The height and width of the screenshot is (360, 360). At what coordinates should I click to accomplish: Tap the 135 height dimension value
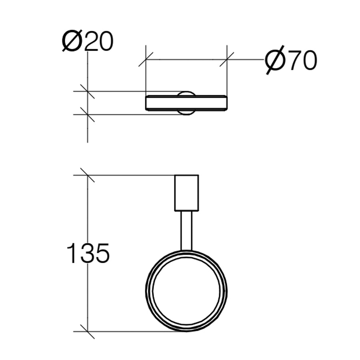tap(88, 254)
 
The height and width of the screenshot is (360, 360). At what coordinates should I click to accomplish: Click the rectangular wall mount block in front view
tap(186, 193)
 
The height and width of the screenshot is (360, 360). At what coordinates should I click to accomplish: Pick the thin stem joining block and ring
tap(186, 231)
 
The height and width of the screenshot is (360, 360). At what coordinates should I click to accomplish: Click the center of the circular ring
tap(186, 291)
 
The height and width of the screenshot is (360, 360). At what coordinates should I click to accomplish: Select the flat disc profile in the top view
tap(186, 103)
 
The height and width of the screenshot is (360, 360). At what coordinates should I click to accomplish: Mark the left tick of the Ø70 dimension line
tap(146, 59)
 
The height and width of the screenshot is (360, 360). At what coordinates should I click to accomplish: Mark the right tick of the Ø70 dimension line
tap(227, 59)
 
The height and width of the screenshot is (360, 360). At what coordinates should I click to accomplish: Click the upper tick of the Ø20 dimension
tap(88, 91)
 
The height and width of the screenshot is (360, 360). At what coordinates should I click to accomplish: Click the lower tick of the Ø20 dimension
tap(88, 114)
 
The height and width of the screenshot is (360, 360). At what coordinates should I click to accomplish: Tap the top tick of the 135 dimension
tap(88, 175)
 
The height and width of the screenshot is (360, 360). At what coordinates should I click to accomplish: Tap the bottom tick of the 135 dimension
tap(88, 332)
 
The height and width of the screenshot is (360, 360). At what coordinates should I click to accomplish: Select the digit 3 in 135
tap(88, 254)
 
